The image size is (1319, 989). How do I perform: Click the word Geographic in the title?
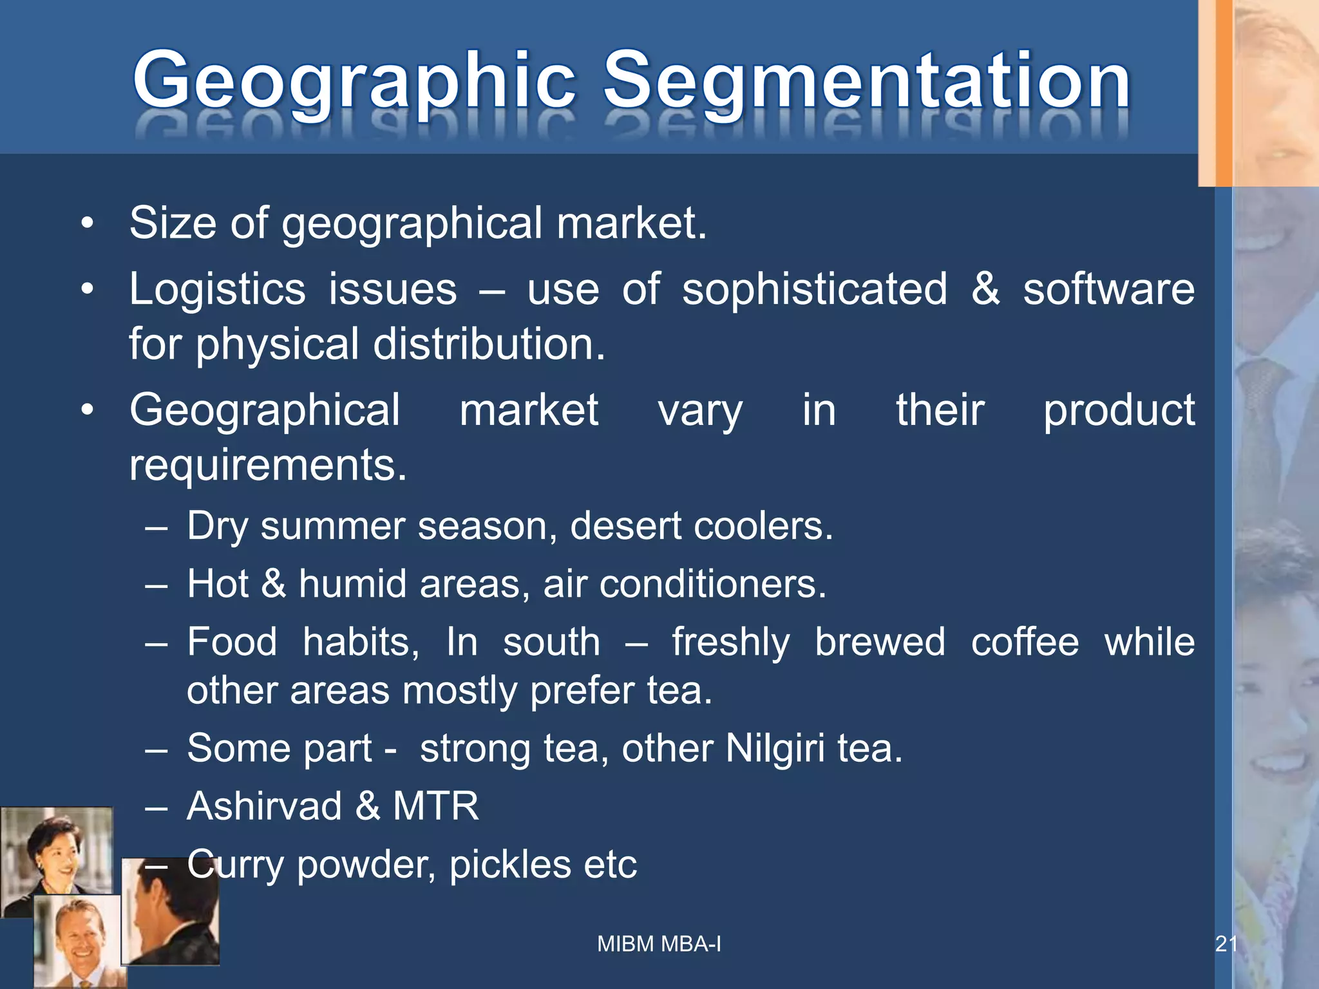[354, 82]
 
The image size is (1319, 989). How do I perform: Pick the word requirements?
[268, 464]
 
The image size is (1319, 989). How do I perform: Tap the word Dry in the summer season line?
[217, 527]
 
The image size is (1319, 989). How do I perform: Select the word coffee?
[1025, 642]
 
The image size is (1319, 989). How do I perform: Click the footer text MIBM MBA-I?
[659, 944]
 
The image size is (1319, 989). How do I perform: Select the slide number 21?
[1226, 944]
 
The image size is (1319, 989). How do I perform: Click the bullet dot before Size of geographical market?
[88, 224]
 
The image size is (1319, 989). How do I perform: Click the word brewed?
[880, 642]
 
